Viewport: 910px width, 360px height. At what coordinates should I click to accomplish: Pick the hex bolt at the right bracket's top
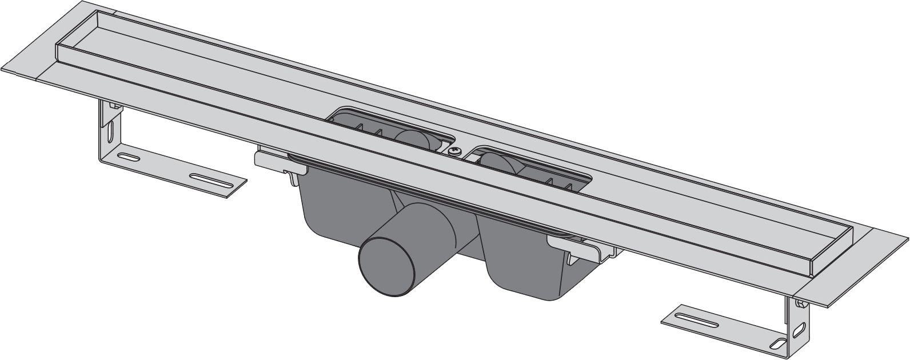[803, 302]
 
